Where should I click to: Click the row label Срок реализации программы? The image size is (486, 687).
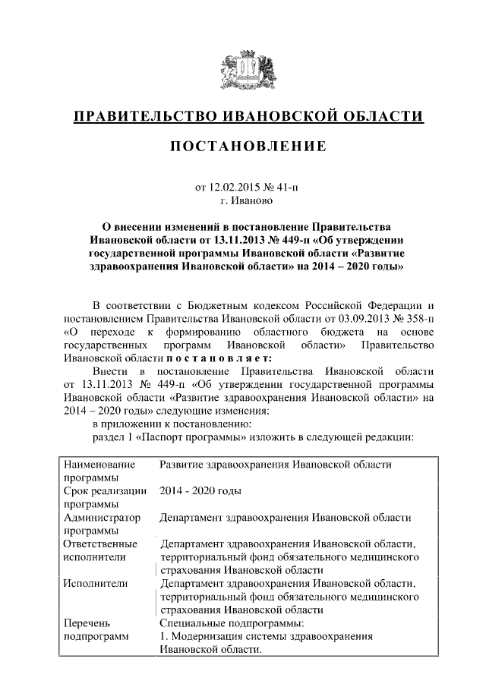point(105,497)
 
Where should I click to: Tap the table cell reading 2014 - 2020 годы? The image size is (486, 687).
point(200,490)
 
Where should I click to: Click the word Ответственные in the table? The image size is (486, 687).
point(100,544)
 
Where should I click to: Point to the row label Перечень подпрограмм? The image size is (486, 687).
point(96,629)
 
